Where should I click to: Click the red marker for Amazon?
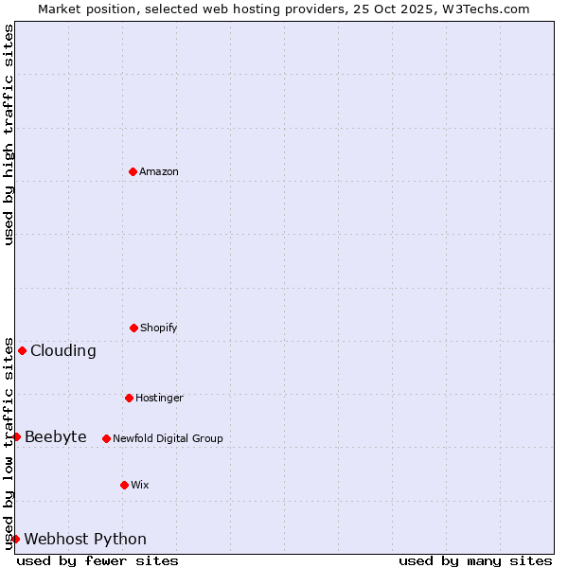pyautogui.click(x=133, y=171)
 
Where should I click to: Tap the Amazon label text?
pyautogui.click(x=159, y=171)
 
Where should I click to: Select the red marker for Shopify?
pyautogui.click(x=133, y=328)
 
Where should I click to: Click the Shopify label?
pyautogui.click(x=159, y=328)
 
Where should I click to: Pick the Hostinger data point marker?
pyautogui.click(x=129, y=398)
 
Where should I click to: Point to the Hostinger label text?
pyautogui.click(x=159, y=398)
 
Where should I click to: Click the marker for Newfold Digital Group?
pyautogui.click(x=106, y=438)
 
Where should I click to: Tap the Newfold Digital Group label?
pyautogui.click(x=168, y=438)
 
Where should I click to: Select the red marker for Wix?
pyautogui.click(x=124, y=485)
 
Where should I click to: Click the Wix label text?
pyautogui.click(x=140, y=485)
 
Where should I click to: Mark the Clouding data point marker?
pyautogui.click(x=22, y=350)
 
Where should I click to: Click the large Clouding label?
pyautogui.click(x=62, y=350)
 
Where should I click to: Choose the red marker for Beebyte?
pyautogui.click(x=16, y=436)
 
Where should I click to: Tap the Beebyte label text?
pyautogui.click(x=55, y=436)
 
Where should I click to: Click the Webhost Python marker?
pyautogui.click(x=15, y=539)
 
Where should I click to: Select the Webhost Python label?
pyautogui.click(x=85, y=539)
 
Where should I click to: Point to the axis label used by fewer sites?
pyautogui.click(x=98, y=560)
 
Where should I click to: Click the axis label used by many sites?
pyautogui.click(x=475, y=560)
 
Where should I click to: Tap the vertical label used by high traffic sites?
pyautogui.click(x=9, y=134)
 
